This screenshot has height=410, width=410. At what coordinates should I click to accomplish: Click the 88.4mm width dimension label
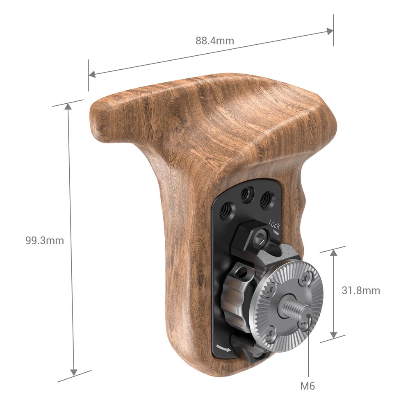pos(215,41)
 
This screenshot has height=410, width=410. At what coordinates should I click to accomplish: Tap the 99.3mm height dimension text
pos(45,240)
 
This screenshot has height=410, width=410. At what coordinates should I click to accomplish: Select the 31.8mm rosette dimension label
pos(361,291)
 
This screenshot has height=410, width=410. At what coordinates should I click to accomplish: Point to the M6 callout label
pos(308,386)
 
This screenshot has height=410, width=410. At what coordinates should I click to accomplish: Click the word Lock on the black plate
pos(275,225)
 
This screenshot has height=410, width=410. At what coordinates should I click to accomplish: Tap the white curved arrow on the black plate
pos(224,348)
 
